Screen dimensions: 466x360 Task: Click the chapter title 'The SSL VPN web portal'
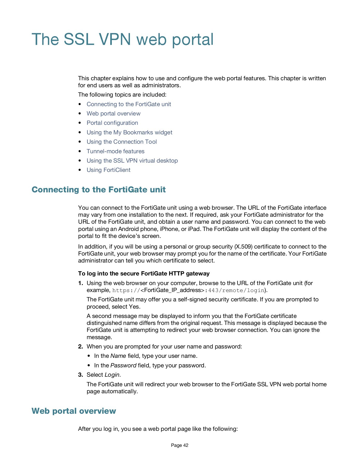[x=122, y=40]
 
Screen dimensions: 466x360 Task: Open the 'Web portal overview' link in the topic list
[x=113, y=113]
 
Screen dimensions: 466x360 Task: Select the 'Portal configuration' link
[x=112, y=123]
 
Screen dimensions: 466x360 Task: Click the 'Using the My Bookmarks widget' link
[x=129, y=132]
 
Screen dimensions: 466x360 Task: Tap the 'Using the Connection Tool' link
[x=121, y=142]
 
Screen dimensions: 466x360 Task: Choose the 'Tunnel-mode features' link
[x=115, y=151]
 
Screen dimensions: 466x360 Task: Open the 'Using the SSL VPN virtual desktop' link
[x=132, y=161]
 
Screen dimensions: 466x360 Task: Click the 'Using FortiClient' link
[x=108, y=170]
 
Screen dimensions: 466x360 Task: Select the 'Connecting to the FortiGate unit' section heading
[x=98, y=190]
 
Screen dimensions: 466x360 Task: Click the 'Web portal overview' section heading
[x=74, y=411]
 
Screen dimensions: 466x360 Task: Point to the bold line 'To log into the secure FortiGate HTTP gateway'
[x=144, y=273]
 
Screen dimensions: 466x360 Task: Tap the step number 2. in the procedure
[x=80, y=346]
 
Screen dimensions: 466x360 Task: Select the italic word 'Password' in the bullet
[x=123, y=365]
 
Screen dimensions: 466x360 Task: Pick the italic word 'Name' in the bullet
[x=118, y=356]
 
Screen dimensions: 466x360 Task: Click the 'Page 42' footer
[x=180, y=445]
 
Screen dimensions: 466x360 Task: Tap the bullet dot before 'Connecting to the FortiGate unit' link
[x=80, y=104]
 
